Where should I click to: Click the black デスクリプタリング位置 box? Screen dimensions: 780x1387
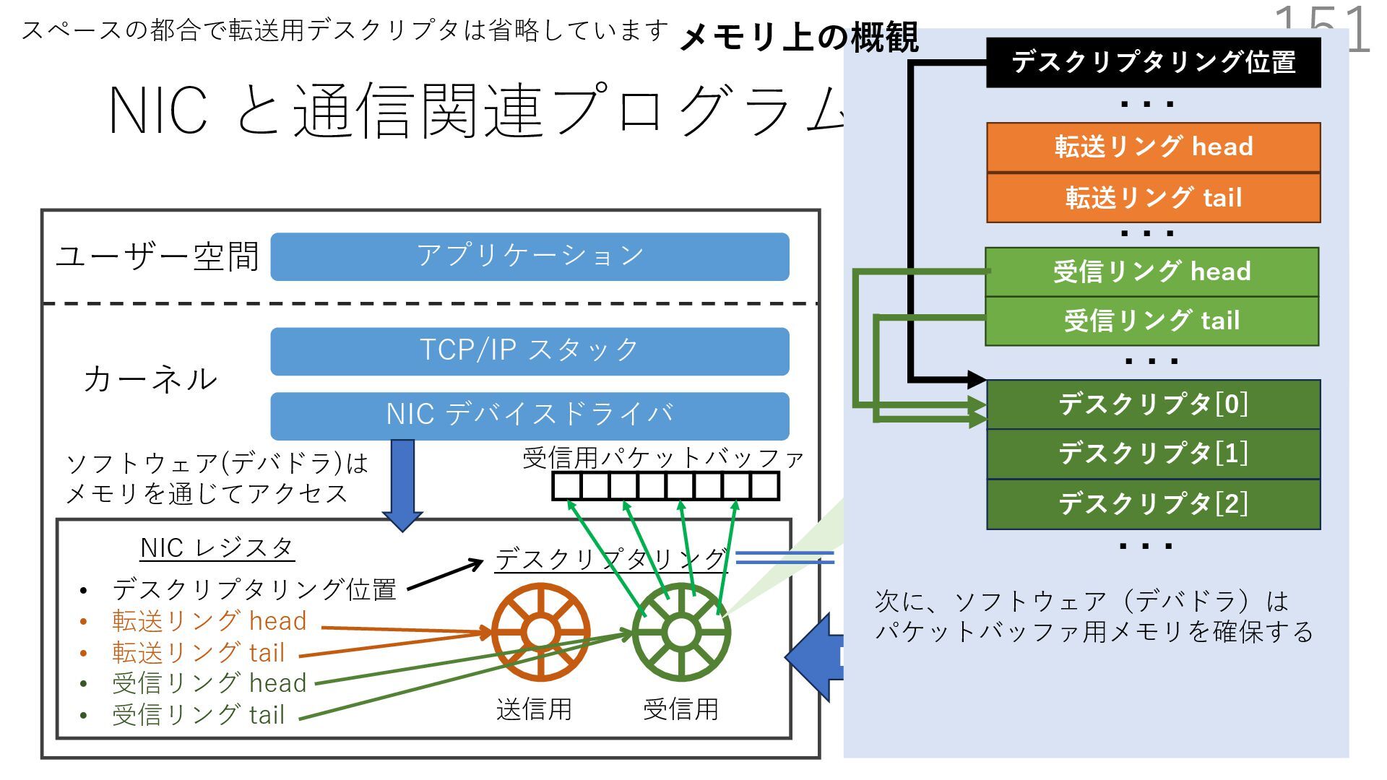1153,63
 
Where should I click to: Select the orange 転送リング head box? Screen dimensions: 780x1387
1153,147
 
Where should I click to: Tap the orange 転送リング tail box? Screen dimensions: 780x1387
1153,197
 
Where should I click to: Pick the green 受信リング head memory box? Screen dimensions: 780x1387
1151,272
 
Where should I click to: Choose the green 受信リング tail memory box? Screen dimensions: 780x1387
1151,321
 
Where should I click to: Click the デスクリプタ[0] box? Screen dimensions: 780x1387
1153,404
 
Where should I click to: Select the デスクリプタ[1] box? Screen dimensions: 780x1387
1153,454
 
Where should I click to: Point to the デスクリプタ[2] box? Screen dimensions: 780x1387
1153,503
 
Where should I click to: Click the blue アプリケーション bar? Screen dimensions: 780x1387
530,256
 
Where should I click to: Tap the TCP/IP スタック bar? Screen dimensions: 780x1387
530,351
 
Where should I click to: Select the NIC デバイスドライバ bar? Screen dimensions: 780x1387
530,415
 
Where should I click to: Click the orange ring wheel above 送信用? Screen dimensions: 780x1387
540,633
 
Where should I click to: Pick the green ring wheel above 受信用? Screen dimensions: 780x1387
680,633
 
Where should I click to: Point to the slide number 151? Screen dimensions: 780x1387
1322,29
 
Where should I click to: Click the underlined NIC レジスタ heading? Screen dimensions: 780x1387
217,548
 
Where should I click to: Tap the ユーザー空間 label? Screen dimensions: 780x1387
157,256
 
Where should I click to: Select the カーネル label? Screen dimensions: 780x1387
150,380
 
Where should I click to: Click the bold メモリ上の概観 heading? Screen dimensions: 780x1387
799,37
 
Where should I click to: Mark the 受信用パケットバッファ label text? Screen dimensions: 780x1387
663,458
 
